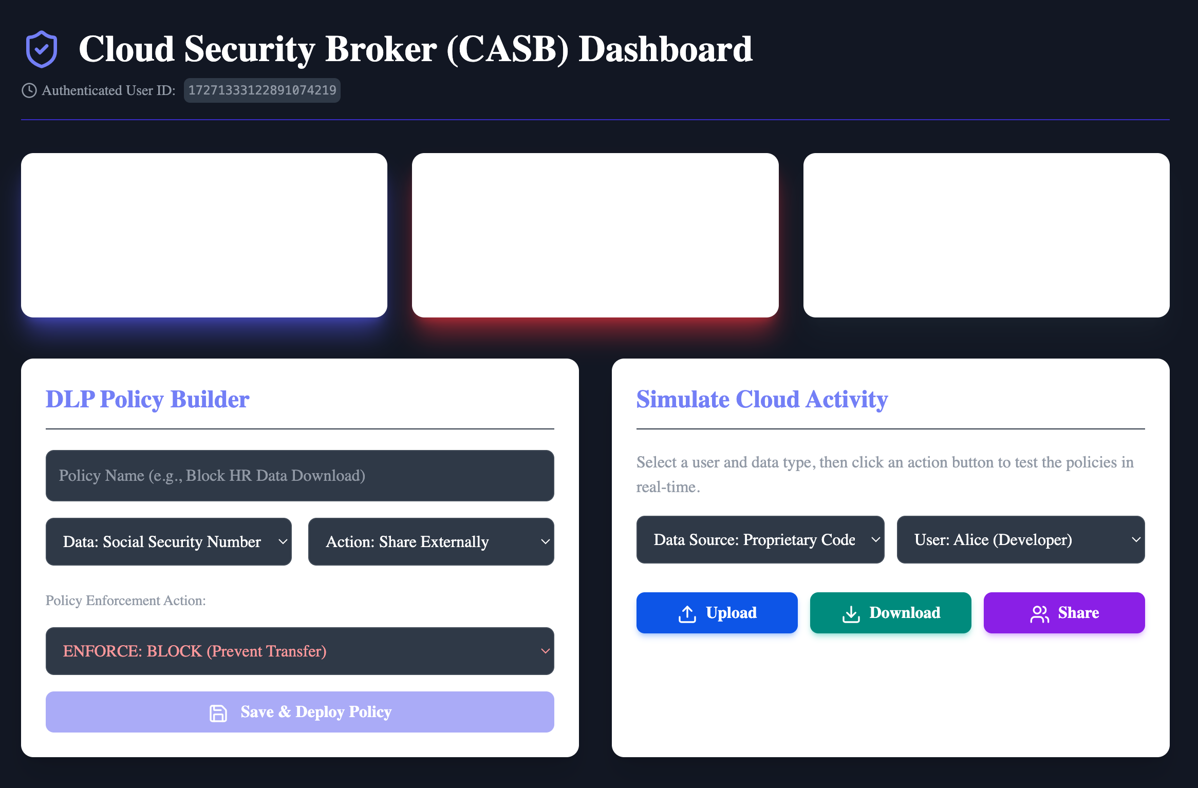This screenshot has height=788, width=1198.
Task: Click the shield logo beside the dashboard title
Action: (42, 49)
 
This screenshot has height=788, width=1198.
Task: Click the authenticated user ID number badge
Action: (262, 90)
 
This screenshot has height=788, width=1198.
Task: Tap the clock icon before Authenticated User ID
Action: (29, 90)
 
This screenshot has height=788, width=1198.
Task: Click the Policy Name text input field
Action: (300, 476)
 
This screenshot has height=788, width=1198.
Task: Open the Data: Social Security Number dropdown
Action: (169, 541)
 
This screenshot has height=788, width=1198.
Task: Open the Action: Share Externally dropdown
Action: (431, 541)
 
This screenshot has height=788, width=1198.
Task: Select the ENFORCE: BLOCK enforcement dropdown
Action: (300, 651)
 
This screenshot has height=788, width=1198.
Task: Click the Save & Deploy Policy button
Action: (300, 712)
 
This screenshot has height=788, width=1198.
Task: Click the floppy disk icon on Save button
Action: (218, 713)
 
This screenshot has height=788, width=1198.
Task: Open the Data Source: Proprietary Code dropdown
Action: (760, 539)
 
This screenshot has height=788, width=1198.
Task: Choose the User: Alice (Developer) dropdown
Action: (1021, 539)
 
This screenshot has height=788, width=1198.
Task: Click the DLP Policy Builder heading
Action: (147, 399)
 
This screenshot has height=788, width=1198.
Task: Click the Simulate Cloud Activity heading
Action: (762, 399)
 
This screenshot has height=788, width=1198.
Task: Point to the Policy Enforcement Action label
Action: (126, 601)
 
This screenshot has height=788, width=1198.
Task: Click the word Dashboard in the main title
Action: (666, 49)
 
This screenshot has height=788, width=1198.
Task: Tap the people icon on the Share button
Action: (1040, 614)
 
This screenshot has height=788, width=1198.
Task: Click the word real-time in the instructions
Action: (668, 487)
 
